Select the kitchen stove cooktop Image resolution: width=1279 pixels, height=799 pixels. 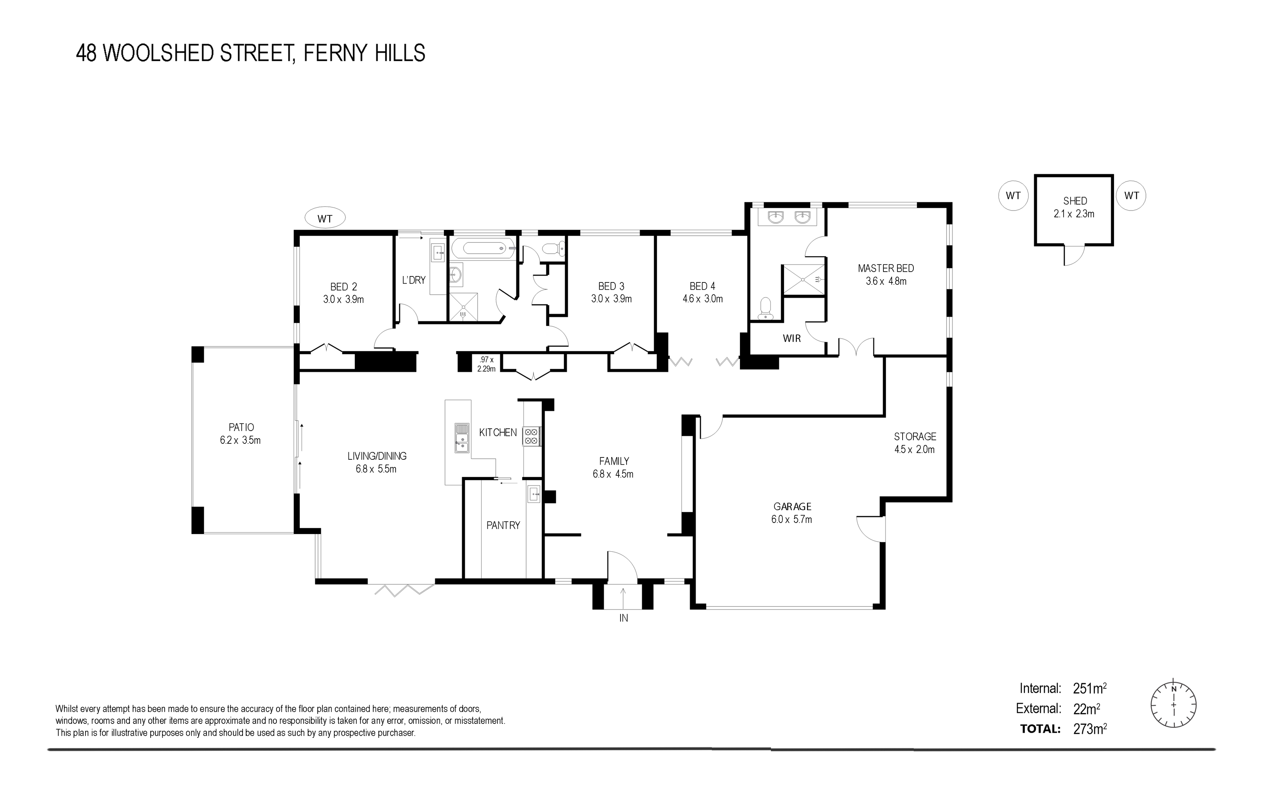coord(531,436)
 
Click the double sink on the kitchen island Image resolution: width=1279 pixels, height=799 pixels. coord(462,438)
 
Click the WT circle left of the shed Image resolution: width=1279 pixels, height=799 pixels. coord(1013,195)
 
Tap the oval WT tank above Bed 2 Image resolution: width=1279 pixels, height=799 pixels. coord(325,218)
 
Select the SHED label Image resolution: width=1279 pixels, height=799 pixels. coord(1075,201)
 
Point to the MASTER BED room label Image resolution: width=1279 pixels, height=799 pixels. coord(886,268)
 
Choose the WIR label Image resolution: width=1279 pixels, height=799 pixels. coord(792,338)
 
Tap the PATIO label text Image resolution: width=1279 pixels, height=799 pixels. coord(241,427)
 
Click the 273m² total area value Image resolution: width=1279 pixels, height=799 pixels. coord(1090,729)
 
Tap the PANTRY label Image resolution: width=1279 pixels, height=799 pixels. coord(503,525)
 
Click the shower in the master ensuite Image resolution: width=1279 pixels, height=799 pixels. coord(804,279)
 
